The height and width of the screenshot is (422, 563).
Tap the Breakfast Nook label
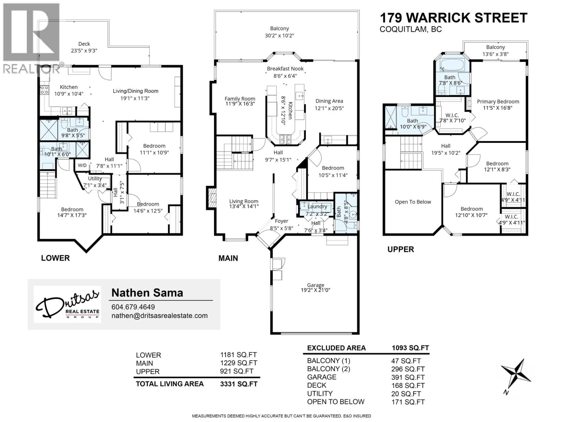coord(285,69)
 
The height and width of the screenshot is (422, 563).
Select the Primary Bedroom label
coord(498,102)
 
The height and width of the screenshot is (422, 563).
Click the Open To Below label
coord(413,202)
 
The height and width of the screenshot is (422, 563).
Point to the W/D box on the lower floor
coord(82,165)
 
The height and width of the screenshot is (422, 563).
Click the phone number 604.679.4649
coord(133,307)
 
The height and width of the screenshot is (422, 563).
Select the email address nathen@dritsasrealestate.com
coord(160,316)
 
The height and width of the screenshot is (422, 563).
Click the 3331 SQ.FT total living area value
coord(239,384)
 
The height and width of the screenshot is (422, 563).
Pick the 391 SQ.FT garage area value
coord(406,377)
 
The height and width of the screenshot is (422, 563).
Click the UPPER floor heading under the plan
coord(401,249)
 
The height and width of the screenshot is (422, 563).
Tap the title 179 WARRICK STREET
coord(454,18)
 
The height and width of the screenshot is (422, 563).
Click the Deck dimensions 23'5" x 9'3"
coord(84,51)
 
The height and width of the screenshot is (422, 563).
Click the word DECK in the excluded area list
coord(316,385)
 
